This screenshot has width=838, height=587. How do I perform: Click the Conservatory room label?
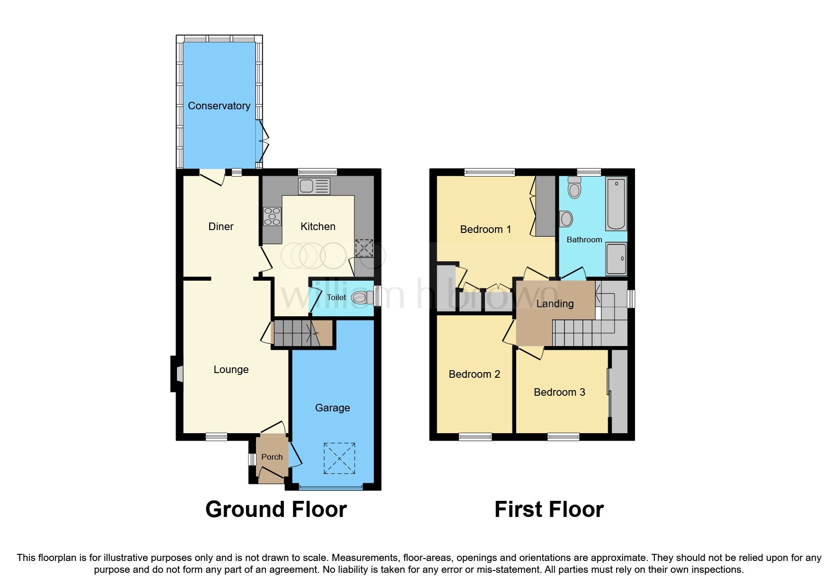point(219,106)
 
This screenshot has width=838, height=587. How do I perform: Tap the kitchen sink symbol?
point(314,186)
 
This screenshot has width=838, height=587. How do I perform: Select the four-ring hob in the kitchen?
point(272,216)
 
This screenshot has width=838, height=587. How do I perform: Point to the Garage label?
point(332,408)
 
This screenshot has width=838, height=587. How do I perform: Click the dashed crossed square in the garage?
point(339,458)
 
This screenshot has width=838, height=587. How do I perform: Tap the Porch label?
point(272,457)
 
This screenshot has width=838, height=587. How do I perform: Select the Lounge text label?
point(231,369)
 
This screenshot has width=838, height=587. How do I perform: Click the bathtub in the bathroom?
point(616,204)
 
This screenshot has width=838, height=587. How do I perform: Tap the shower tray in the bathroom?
point(616,258)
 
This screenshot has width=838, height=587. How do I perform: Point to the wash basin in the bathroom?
point(566,219)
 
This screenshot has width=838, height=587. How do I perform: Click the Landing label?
point(555,303)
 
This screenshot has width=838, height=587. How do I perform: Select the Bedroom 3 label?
point(559,392)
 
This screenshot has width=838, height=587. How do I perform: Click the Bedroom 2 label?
point(474,374)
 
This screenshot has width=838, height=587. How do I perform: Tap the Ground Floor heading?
point(276,509)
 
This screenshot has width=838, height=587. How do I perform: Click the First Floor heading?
point(549,509)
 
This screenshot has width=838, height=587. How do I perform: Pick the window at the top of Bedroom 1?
point(489,172)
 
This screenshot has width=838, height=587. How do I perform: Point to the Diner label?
point(221,226)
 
